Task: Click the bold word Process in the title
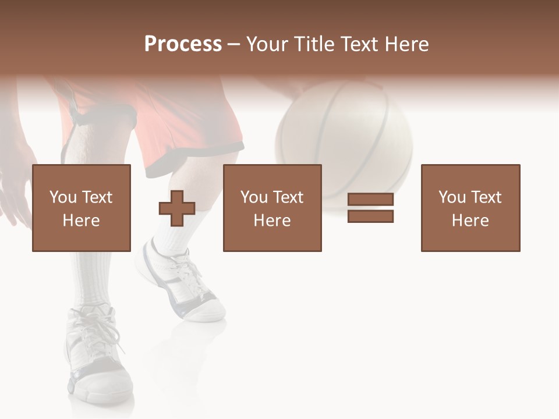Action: click(183, 44)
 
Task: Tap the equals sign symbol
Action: click(370, 208)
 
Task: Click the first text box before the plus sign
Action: click(81, 208)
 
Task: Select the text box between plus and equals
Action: click(272, 208)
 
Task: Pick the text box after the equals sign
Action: click(470, 208)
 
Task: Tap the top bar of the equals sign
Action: click(370, 200)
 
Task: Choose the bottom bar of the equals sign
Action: click(370, 216)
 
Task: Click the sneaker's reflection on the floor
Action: click(169, 355)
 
